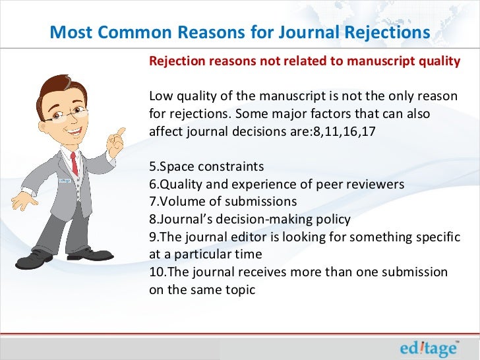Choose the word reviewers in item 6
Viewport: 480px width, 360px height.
point(369,184)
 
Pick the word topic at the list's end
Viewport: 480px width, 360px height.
point(239,289)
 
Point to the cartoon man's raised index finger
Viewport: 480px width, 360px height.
point(121,132)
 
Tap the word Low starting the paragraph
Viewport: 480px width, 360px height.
point(161,96)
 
